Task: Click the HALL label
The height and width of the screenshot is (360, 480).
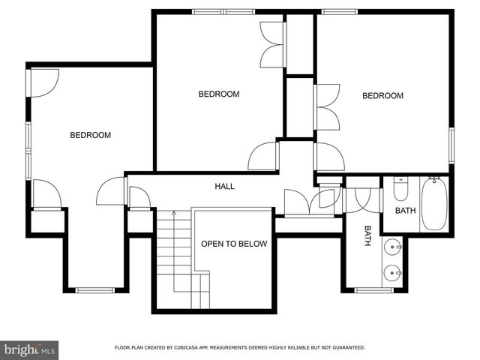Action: (x=225, y=186)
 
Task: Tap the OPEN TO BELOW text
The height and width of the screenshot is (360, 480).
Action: (x=233, y=244)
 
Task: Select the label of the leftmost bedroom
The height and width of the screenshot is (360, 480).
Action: (x=91, y=136)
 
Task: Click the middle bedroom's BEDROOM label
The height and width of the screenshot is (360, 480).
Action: (x=219, y=94)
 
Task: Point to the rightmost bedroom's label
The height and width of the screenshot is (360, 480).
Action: (x=382, y=96)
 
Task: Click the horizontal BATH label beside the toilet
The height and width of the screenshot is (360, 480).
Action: (x=405, y=211)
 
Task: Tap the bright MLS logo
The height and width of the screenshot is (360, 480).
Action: (x=31, y=349)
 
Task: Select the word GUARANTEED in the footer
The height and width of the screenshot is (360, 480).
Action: (x=346, y=348)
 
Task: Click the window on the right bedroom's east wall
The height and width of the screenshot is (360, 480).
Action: (x=452, y=144)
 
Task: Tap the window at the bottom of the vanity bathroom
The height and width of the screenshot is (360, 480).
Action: (x=373, y=290)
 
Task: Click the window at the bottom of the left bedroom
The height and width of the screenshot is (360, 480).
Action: (x=94, y=290)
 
